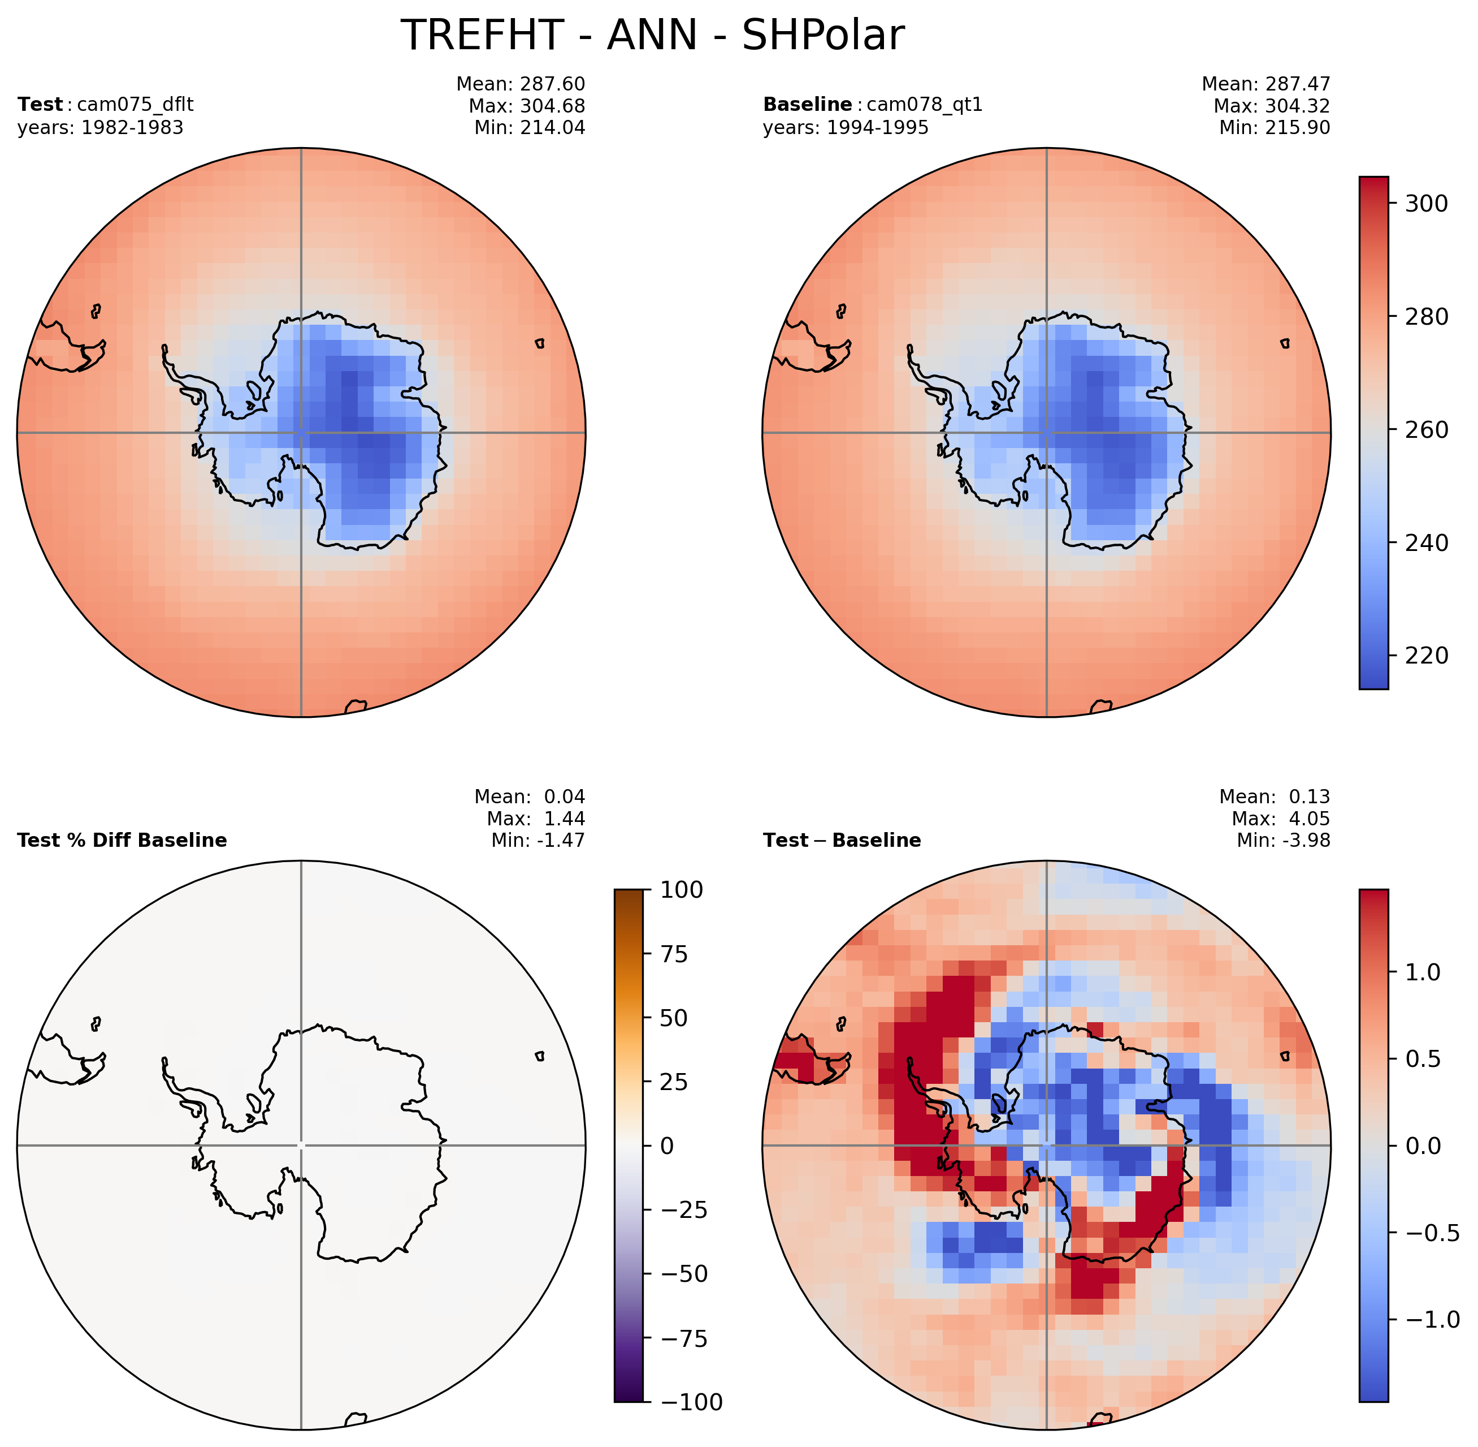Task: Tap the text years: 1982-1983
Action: click(100, 128)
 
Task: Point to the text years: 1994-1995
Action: click(846, 128)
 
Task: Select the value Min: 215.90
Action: click(1275, 128)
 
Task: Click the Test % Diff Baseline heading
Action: click(122, 840)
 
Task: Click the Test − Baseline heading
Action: click(842, 840)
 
